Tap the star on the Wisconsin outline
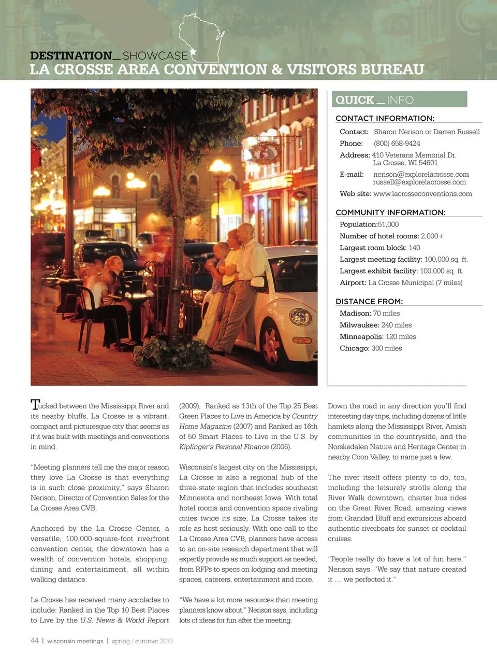click(x=194, y=51)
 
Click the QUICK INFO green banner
click(x=399, y=100)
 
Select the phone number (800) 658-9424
click(x=397, y=144)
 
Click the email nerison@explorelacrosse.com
click(x=421, y=175)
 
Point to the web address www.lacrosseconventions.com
click(x=422, y=194)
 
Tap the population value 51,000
click(x=388, y=224)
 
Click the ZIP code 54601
click(x=428, y=163)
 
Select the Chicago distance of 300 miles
click(x=386, y=348)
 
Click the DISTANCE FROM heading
click(x=369, y=302)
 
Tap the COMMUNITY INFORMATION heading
click(x=390, y=212)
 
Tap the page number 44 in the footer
click(x=35, y=641)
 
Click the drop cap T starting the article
click(x=35, y=405)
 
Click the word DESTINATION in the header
click(x=71, y=55)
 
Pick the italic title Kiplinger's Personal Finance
click(x=224, y=447)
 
